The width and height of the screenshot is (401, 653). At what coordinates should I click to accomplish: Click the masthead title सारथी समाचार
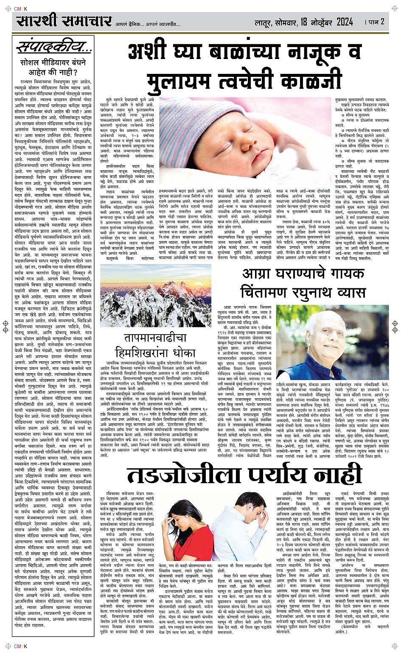point(64,21)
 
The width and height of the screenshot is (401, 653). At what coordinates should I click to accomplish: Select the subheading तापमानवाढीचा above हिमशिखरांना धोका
point(155,338)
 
